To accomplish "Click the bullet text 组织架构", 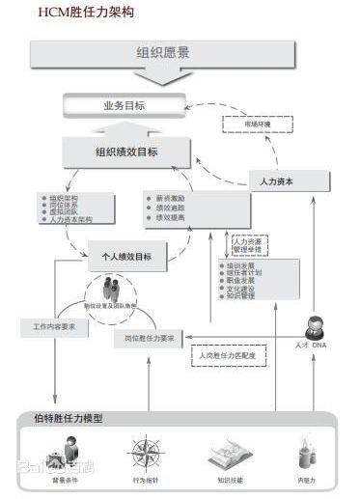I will pos(63,198).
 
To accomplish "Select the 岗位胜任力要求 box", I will pos(150,339).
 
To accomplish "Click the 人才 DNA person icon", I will pos(315,326).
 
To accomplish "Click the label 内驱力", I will pos(307,480).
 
